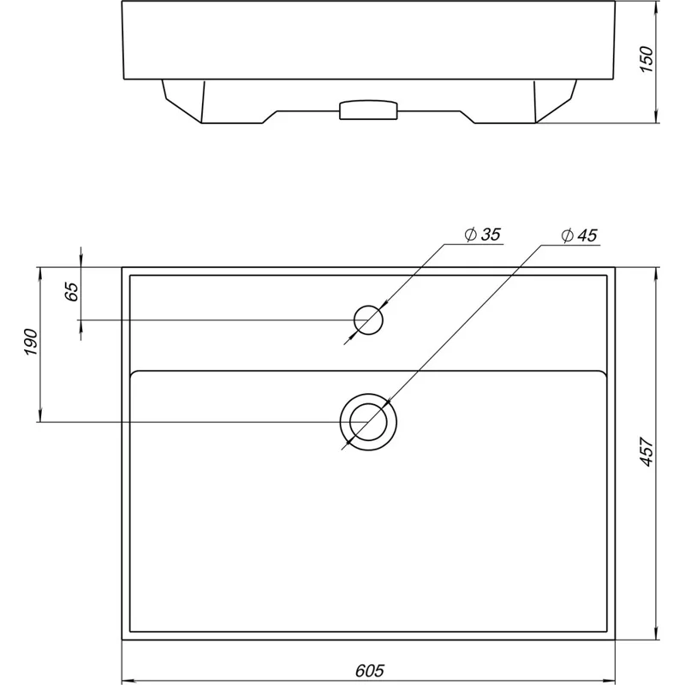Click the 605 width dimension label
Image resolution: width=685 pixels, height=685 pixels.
[370, 670]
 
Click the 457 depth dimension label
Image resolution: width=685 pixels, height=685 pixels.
[646, 451]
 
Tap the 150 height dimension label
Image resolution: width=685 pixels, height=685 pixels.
[646, 59]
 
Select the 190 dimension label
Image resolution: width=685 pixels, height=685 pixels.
[31, 342]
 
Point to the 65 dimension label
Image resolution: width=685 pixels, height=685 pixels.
[72, 291]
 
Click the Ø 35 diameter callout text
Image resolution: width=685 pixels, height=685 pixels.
[482, 235]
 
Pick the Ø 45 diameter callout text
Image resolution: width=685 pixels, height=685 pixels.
[580, 235]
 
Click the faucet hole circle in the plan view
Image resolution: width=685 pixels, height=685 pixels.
[368, 306]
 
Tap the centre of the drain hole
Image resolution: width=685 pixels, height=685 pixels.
[368, 422]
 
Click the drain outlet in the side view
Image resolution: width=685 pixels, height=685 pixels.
[368, 110]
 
